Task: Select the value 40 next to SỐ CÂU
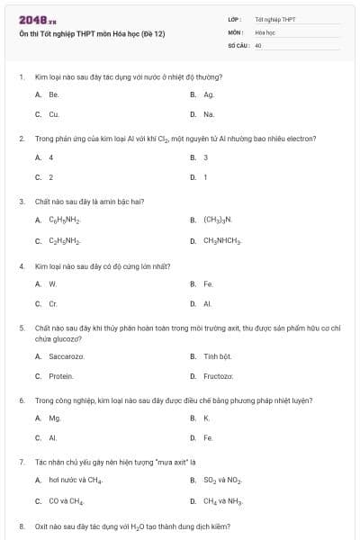point(257,43)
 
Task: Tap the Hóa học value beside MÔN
point(264,31)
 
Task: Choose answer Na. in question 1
point(209,114)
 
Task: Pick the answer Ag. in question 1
point(209,94)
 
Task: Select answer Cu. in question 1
point(53,114)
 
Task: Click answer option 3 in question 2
point(206,157)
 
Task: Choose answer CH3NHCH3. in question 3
point(222,241)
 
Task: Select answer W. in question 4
point(52,283)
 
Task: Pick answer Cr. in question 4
point(53,304)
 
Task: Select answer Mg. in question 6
point(54,418)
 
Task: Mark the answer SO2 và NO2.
point(222,481)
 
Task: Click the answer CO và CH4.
point(68,501)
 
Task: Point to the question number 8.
point(21,525)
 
